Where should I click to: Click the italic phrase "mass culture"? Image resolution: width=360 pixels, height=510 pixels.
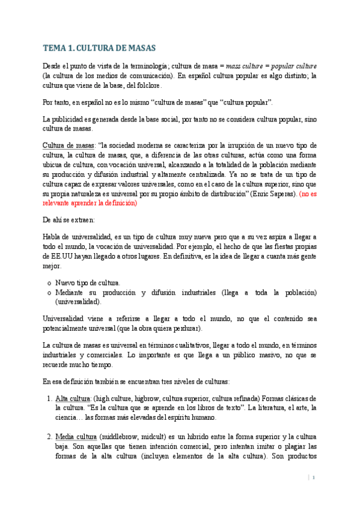(245, 65)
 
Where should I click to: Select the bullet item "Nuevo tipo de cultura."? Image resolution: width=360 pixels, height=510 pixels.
(88, 282)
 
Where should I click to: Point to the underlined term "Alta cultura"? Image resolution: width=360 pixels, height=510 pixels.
(71, 399)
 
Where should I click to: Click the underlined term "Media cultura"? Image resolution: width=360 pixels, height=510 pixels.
(76, 436)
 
